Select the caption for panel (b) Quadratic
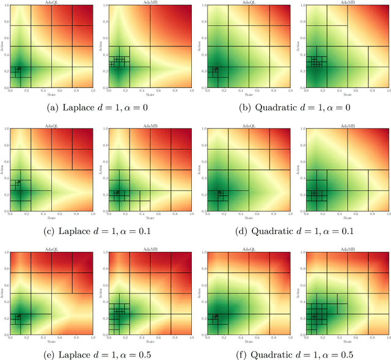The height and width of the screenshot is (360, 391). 294,108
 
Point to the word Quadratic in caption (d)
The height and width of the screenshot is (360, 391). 275,231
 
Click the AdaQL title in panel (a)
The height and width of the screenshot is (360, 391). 51,3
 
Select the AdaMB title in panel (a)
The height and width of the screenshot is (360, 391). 150,3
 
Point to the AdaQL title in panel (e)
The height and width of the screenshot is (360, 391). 51,249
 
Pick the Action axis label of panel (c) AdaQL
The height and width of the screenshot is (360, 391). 2,169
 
